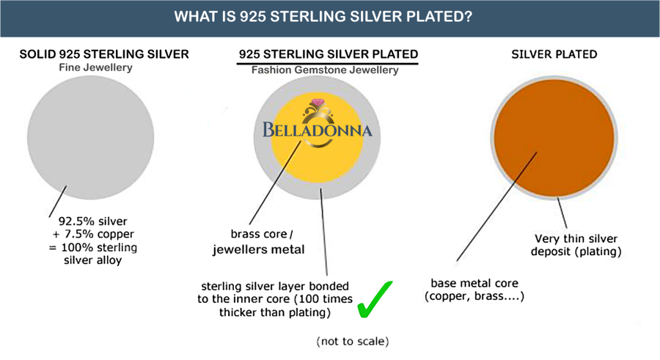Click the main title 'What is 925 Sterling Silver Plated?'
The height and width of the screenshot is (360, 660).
(323, 17)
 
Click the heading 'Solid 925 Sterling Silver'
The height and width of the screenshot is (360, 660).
(104, 54)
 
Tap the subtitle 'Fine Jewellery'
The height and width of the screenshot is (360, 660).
(95, 67)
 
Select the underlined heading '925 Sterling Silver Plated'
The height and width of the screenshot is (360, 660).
(329, 54)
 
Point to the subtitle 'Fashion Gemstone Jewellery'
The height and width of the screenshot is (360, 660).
(325, 70)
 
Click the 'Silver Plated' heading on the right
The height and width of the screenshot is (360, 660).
(554, 54)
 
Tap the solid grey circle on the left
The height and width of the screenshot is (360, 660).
(90, 138)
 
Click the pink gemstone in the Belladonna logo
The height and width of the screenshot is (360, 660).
(318, 103)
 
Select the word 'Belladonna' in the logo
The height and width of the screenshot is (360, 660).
(318, 130)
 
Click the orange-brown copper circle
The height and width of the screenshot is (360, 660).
(554, 138)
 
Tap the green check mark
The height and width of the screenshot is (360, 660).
(374, 299)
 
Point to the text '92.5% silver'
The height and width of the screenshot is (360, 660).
(92, 221)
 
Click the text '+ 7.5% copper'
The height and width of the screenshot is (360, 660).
(93, 234)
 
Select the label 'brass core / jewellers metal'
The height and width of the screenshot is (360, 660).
(258, 242)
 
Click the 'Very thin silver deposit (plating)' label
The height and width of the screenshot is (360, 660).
(576, 245)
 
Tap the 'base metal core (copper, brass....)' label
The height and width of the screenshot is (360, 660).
(474, 290)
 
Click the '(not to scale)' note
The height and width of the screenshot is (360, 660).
(352, 341)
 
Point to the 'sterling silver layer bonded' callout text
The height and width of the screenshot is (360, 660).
(275, 287)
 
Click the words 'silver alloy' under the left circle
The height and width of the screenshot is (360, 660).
(92, 260)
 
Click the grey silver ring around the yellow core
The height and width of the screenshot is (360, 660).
(317, 192)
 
